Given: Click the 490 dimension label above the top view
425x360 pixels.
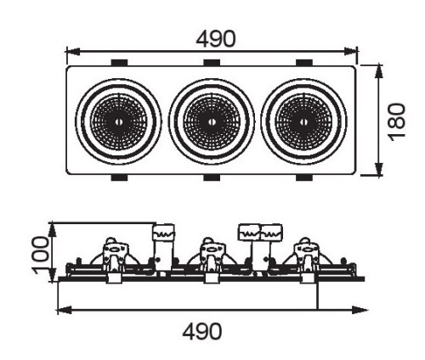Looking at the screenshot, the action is [x=216, y=38].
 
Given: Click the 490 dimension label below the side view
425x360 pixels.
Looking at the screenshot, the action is [x=202, y=331].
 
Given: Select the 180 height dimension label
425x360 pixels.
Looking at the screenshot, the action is [x=397, y=121].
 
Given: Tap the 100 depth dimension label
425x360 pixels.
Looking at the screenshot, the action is [x=41, y=256].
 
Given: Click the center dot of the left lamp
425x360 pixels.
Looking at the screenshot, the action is [x=118, y=122].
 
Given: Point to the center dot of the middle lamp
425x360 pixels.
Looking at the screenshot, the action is [x=212, y=122].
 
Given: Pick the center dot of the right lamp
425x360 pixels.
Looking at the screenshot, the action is [x=304, y=122].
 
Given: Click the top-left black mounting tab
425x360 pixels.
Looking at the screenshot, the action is [x=119, y=63].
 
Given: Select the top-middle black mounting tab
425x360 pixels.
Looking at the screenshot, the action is [x=212, y=63].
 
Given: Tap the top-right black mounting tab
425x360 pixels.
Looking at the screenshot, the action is [x=304, y=63].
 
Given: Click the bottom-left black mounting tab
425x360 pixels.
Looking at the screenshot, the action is [x=119, y=177].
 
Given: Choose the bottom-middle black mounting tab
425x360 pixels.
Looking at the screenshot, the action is [x=212, y=177].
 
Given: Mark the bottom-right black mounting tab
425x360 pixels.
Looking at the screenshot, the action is [x=304, y=177].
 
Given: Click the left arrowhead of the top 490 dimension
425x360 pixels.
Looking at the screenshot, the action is [x=72, y=52].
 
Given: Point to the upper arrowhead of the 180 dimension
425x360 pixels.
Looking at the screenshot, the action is [x=379, y=71].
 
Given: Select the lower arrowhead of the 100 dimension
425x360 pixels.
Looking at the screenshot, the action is [x=53, y=275].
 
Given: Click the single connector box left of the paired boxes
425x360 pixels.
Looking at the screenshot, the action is [x=163, y=233].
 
